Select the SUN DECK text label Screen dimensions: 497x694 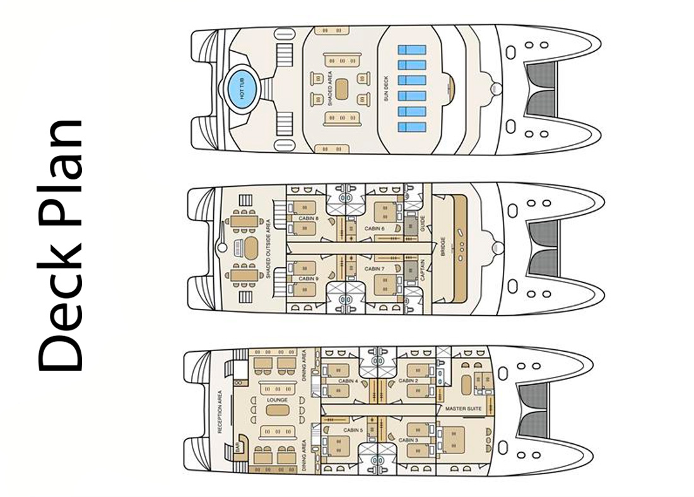386,89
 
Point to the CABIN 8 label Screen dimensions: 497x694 309,219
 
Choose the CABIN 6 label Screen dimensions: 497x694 375,228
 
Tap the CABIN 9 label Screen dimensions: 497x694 308,278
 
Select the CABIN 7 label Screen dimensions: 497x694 374,269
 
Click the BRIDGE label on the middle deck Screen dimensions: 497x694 444,246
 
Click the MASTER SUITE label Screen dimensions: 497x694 464,409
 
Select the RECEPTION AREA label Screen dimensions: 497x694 221,411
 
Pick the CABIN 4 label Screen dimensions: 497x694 348,381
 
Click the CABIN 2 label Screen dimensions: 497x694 408,381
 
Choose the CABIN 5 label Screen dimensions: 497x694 353,430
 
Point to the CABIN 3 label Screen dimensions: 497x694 408,440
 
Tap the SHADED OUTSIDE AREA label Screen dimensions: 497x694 269,248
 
